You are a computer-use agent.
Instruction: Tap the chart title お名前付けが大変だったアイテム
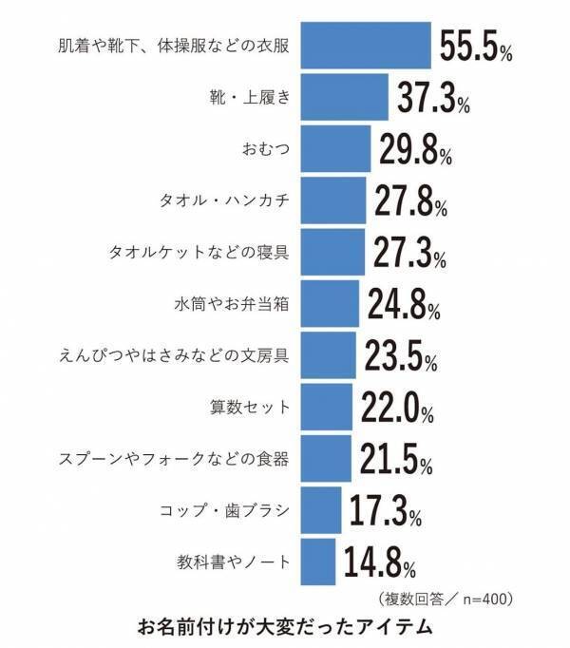click(285, 627)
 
